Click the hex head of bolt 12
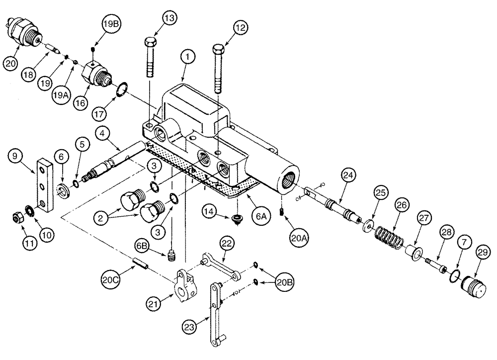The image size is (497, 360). pyautogui.click(x=219, y=49)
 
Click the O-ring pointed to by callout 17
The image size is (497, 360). pyautogui.click(x=120, y=90)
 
